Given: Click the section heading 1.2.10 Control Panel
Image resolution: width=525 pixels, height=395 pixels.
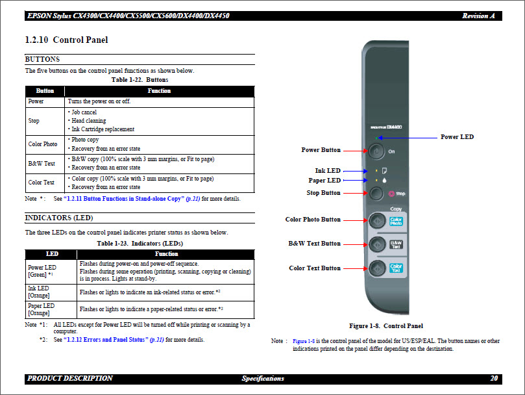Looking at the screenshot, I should click(x=66, y=40).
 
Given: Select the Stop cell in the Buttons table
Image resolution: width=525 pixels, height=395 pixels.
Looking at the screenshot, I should click(x=34, y=121).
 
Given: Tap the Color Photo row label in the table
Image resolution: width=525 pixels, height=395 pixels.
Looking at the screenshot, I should click(x=43, y=144).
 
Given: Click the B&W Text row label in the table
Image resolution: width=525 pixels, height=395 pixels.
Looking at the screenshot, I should click(x=42, y=164).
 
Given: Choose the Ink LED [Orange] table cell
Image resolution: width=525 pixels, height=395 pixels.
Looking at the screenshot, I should click(x=38, y=292).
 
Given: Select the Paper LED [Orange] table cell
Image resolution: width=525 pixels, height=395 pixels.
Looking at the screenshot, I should click(x=41, y=309).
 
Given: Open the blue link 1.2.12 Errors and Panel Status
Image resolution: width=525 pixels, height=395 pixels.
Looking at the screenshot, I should click(x=106, y=340).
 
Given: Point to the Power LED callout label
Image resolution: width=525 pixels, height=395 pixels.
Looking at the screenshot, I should click(x=457, y=137).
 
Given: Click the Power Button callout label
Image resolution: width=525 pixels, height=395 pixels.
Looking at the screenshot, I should click(x=321, y=150).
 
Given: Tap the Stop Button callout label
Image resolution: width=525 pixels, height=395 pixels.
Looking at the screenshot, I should click(x=323, y=193).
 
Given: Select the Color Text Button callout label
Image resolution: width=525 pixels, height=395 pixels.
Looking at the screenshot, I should click(x=315, y=268).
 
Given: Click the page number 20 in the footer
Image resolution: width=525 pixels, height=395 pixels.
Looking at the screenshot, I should click(x=494, y=378).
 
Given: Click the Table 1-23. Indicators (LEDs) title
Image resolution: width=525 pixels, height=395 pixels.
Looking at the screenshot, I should click(x=140, y=243).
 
